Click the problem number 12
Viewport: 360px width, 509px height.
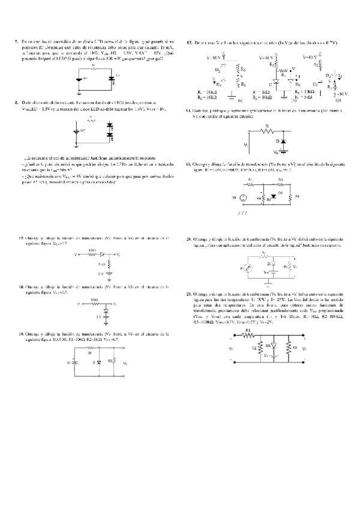click(189, 43)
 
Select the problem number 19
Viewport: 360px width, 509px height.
click(22, 333)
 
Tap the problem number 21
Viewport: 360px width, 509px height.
click(189, 295)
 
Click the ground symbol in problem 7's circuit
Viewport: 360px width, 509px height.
click(79, 92)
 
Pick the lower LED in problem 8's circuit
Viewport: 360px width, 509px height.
click(109, 136)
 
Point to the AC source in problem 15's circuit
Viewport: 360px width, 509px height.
click(243, 197)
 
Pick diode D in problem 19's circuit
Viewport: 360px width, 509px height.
click(98, 364)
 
